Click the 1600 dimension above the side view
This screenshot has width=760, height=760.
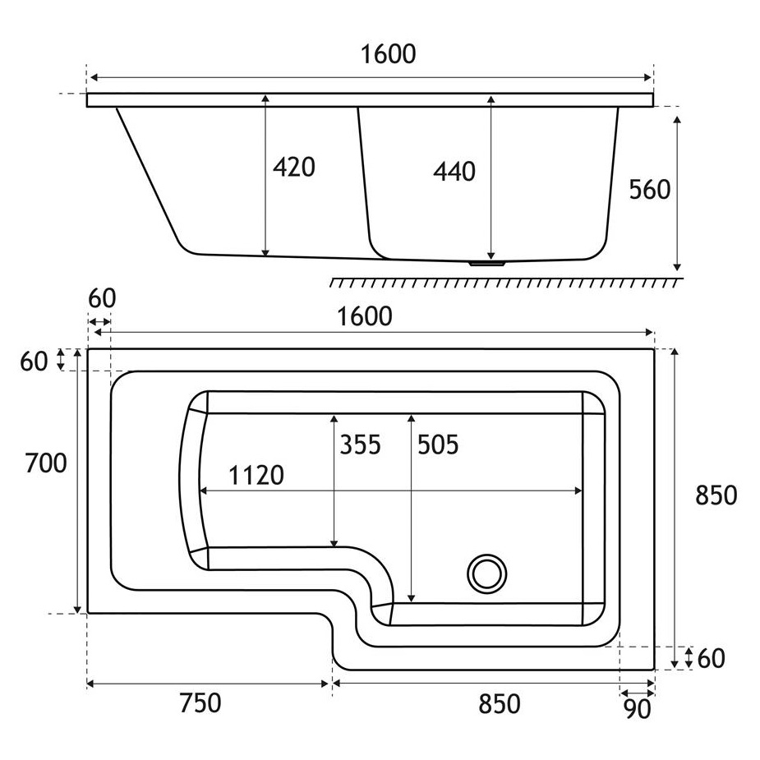coord(389,53)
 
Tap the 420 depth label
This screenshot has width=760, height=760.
coord(293,168)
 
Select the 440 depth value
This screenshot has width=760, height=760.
coord(454,172)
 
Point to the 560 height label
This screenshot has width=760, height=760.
coord(649,189)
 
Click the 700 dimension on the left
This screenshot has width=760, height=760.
coord(45,463)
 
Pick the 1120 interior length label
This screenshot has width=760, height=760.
coord(256,475)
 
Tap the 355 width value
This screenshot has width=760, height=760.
coord(360,444)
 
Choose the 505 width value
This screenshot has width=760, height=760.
coord(438,444)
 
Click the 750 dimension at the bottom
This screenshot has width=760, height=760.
coord(200,702)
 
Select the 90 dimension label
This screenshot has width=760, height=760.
coord(637,710)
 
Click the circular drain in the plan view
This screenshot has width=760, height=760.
coord(486,573)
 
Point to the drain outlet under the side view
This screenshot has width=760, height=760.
coord(486,264)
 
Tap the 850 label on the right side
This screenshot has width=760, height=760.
coord(716,495)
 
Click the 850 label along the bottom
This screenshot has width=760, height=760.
coord(500,704)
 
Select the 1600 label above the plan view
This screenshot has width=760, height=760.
coord(365,316)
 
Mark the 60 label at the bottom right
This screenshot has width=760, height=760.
coord(711,658)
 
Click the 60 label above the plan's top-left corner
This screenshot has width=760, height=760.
coord(102,298)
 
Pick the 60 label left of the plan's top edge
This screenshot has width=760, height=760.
coord(34,361)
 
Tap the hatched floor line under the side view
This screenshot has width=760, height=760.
coord(506,282)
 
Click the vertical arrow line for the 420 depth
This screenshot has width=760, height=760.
coord(265,176)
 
